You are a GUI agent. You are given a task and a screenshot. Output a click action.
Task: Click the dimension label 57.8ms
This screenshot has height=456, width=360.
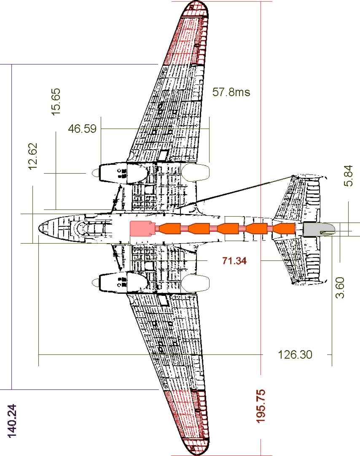pyautogui.click(x=231, y=92)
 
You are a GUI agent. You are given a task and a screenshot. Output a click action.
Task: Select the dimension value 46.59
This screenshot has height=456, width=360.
pyautogui.click(x=82, y=129)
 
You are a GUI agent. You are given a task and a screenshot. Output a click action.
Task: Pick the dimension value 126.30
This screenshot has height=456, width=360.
pyautogui.click(x=295, y=354)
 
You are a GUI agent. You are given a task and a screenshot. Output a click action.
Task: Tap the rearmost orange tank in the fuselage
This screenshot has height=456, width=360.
pyautogui.click(x=284, y=228)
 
